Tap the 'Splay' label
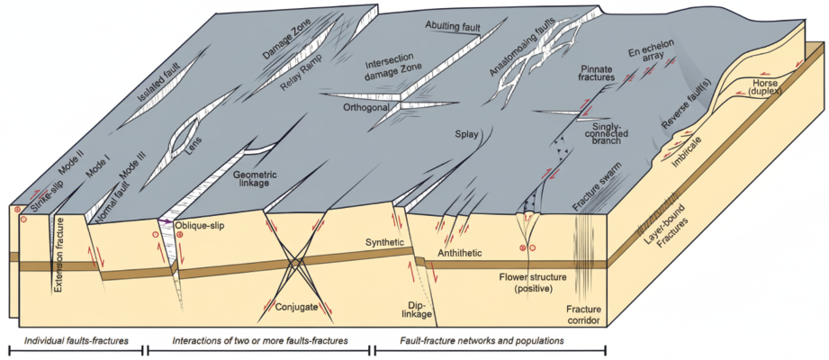click(464, 136)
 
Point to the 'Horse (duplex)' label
click(771, 85)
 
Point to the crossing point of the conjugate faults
click(294, 264)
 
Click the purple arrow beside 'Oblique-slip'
click(166, 220)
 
